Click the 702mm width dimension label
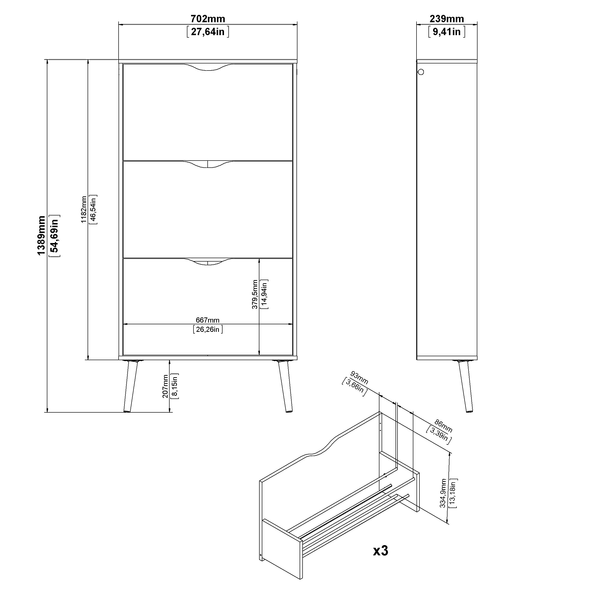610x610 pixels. tap(208, 19)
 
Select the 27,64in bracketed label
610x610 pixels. tap(208, 32)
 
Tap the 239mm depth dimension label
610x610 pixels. tap(447, 19)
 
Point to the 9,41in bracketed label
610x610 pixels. tap(447, 32)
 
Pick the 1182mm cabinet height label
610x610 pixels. tap(84, 209)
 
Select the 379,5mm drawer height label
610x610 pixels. tap(255, 294)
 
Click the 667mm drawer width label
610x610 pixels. tap(207, 320)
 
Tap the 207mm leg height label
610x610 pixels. tap(165, 386)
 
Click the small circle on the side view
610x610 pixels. tap(421, 72)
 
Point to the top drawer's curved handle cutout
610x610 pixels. tap(208, 67)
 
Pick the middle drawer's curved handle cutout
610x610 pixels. tap(208, 164)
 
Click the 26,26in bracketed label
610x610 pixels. tap(207, 330)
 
